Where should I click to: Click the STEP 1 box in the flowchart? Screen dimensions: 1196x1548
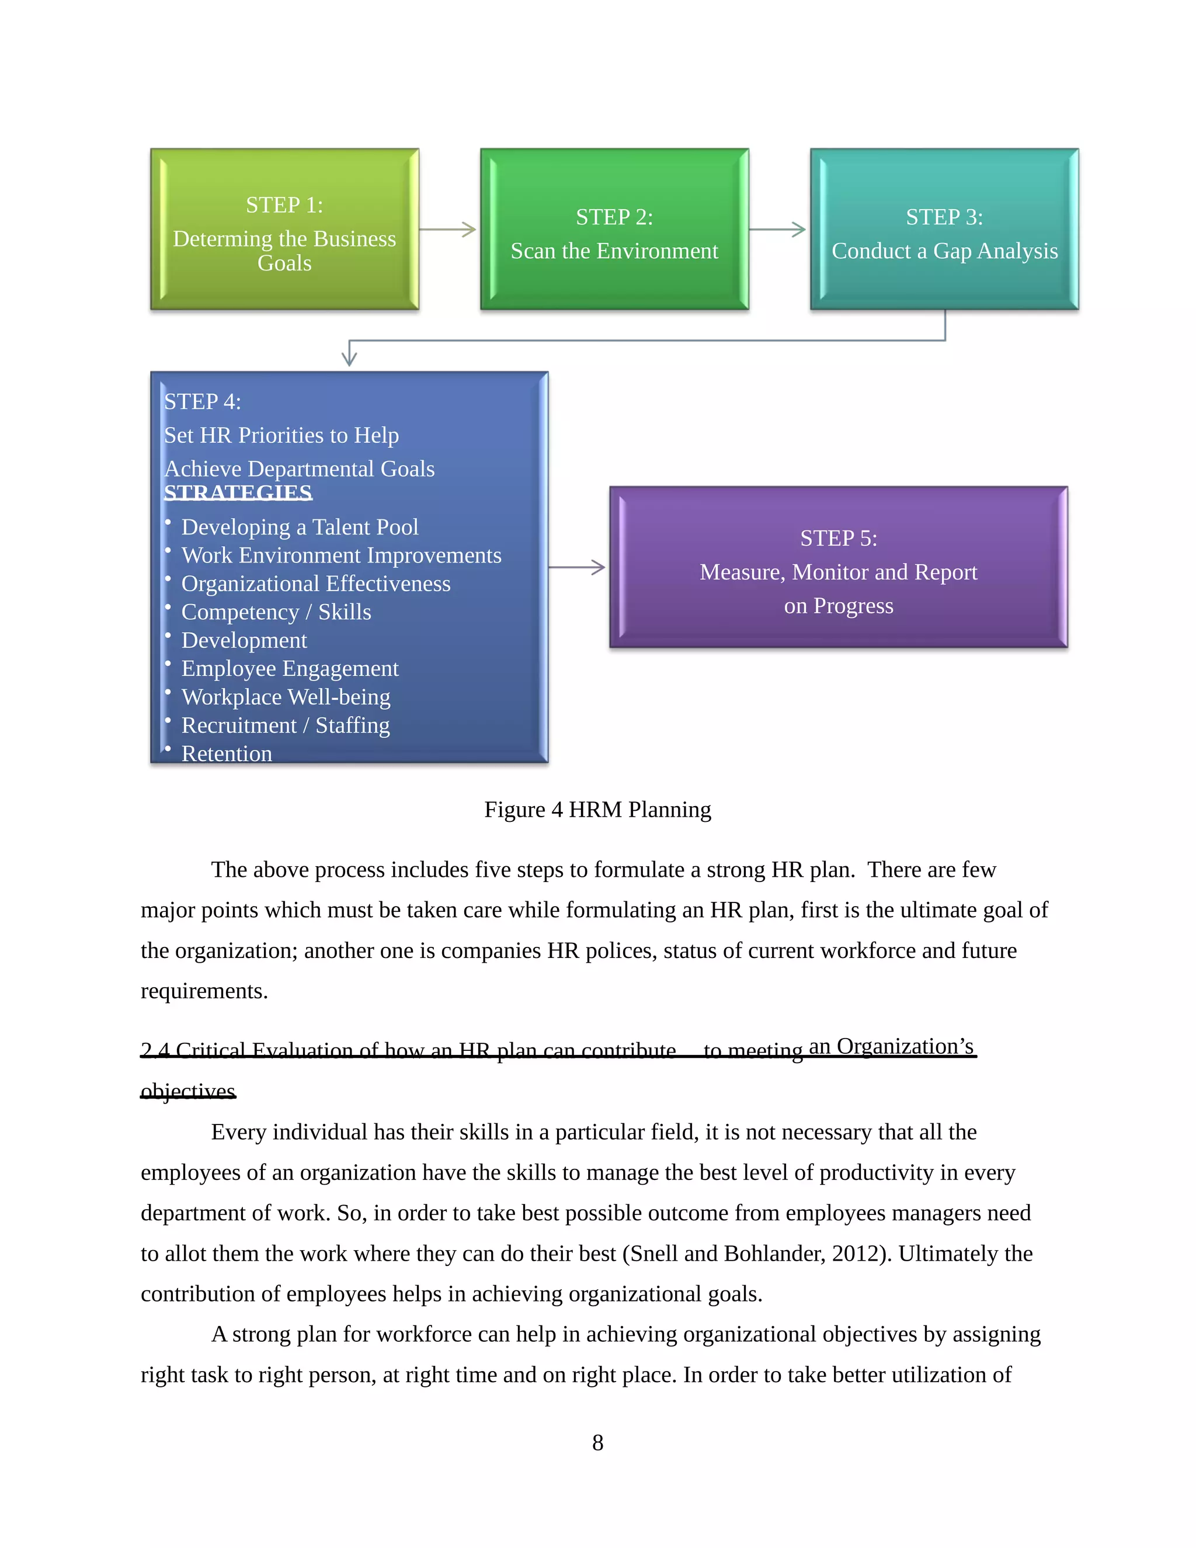pyautogui.click(x=284, y=229)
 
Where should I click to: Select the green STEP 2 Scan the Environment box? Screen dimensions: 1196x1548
pyautogui.click(x=614, y=229)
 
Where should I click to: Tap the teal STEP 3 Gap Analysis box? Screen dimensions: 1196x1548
pyautogui.click(x=944, y=229)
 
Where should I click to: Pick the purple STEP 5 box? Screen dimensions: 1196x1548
pyautogui.click(x=838, y=567)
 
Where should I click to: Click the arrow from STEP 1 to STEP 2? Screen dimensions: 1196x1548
pyautogui.click(x=448, y=229)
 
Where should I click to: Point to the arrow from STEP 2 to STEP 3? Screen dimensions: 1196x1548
pyautogui.click(x=778, y=229)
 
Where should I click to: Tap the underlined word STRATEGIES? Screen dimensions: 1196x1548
pyautogui.click(x=238, y=492)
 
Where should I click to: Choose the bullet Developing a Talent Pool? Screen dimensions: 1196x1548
pyautogui.click(x=300, y=527)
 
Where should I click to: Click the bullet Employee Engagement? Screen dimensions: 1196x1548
pyautogui.click(x=290, y=668)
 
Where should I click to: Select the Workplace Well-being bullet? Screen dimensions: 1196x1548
pyautogui.click(x=286, y=697)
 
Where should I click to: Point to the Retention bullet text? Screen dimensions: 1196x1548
pyautogui.click(x=227, y=754)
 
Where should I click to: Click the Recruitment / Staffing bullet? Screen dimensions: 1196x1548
pyautogui.click(x=286, y=725)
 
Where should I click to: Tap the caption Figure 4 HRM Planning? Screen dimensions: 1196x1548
pyautogui.click(x=597, y=810)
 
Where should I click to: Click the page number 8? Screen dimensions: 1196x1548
pyautogui.click(x=597, y=1442)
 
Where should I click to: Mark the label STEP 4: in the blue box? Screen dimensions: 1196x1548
pyautogui.click(x=203, y=402)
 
